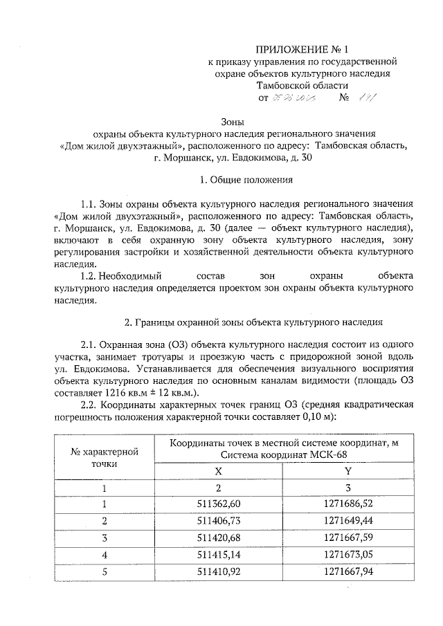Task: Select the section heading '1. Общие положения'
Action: click(x=246, y=181)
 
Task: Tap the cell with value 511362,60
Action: click(x=219, y=504)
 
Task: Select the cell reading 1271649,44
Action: click(x=347, y=520)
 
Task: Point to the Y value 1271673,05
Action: click(x=347, y=555)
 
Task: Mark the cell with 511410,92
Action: click(x=219, y=572)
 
